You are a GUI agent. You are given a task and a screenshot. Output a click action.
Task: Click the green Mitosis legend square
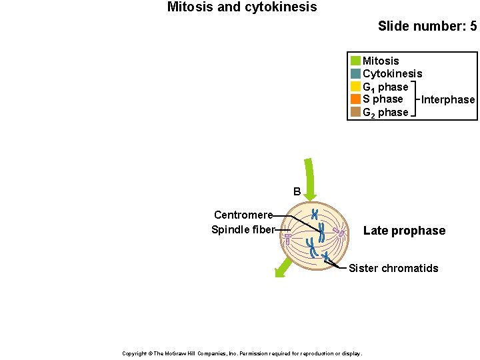(x=355, y=61)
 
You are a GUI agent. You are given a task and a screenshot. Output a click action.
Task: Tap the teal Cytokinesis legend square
(x=355, y=73)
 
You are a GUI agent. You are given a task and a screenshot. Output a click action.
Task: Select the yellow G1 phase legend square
(x=355, y=87)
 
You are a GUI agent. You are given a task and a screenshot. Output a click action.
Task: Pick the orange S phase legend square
(x=355, y=99)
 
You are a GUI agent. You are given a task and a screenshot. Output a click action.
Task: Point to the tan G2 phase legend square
(x=355, y=112)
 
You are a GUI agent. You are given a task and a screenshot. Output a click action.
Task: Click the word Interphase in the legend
(x=448, y=100)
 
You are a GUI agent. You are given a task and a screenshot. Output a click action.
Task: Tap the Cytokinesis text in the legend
(x=392, y=73)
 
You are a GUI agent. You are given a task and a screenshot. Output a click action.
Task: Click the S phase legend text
(x=383, y=99)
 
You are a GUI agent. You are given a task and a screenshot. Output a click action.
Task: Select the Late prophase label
(x=404, y=231)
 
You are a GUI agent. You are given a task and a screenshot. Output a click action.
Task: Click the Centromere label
(x=243, y=215)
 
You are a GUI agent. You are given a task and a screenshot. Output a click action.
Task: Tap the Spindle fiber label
(x=243, y=230)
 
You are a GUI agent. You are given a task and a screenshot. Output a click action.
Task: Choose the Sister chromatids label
(x=393, y=269)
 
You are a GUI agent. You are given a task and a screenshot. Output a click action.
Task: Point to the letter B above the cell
(x=297, y=192)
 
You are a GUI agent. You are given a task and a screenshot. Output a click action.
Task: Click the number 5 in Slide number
(x=473, y=27)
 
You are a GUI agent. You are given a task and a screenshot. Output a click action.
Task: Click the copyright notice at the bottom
(x=242, y=353)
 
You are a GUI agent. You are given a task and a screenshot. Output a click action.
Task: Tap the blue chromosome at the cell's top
(x=315, y=215)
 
